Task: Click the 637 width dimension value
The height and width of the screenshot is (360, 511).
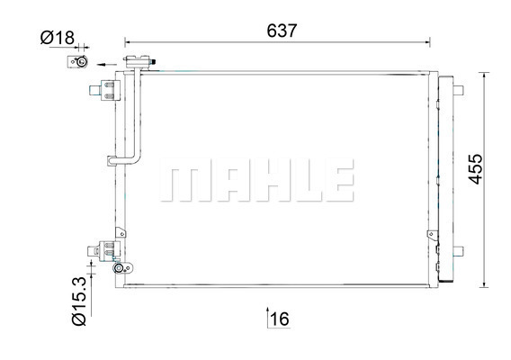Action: click(282, 31)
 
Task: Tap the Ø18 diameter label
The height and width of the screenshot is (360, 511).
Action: click(58, 38)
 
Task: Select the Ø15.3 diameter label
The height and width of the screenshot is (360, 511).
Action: click(79, 301)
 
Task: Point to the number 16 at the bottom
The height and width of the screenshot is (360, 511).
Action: click(280, 319)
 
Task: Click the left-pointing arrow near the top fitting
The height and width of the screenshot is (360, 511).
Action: click(106, 64)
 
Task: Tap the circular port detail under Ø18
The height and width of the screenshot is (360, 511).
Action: click(81, 61)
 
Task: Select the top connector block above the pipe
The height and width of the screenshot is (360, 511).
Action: click(139, 61)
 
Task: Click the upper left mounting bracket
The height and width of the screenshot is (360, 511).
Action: click(105, 90)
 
